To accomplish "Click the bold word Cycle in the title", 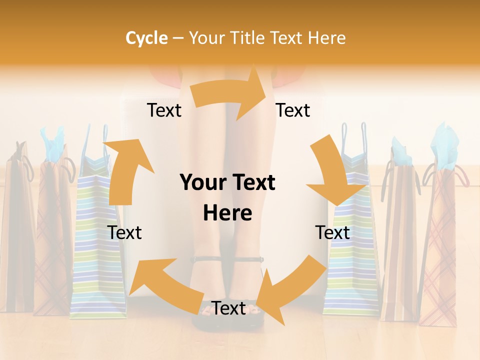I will tap(146, 38).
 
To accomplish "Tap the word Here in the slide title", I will tap(327, 38).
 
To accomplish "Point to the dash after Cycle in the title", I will tap(177, 38).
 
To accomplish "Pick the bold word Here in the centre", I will tap(227, 213).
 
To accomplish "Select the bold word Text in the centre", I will tap(252, 183).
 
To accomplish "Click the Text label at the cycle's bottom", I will tap(228, 308).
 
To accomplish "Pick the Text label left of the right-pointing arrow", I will tap(164, 110).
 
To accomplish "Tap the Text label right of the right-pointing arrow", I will tap(293, 110).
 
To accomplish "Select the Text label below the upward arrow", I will tap(124, 232).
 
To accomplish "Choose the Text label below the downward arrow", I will tap(332, 232).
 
